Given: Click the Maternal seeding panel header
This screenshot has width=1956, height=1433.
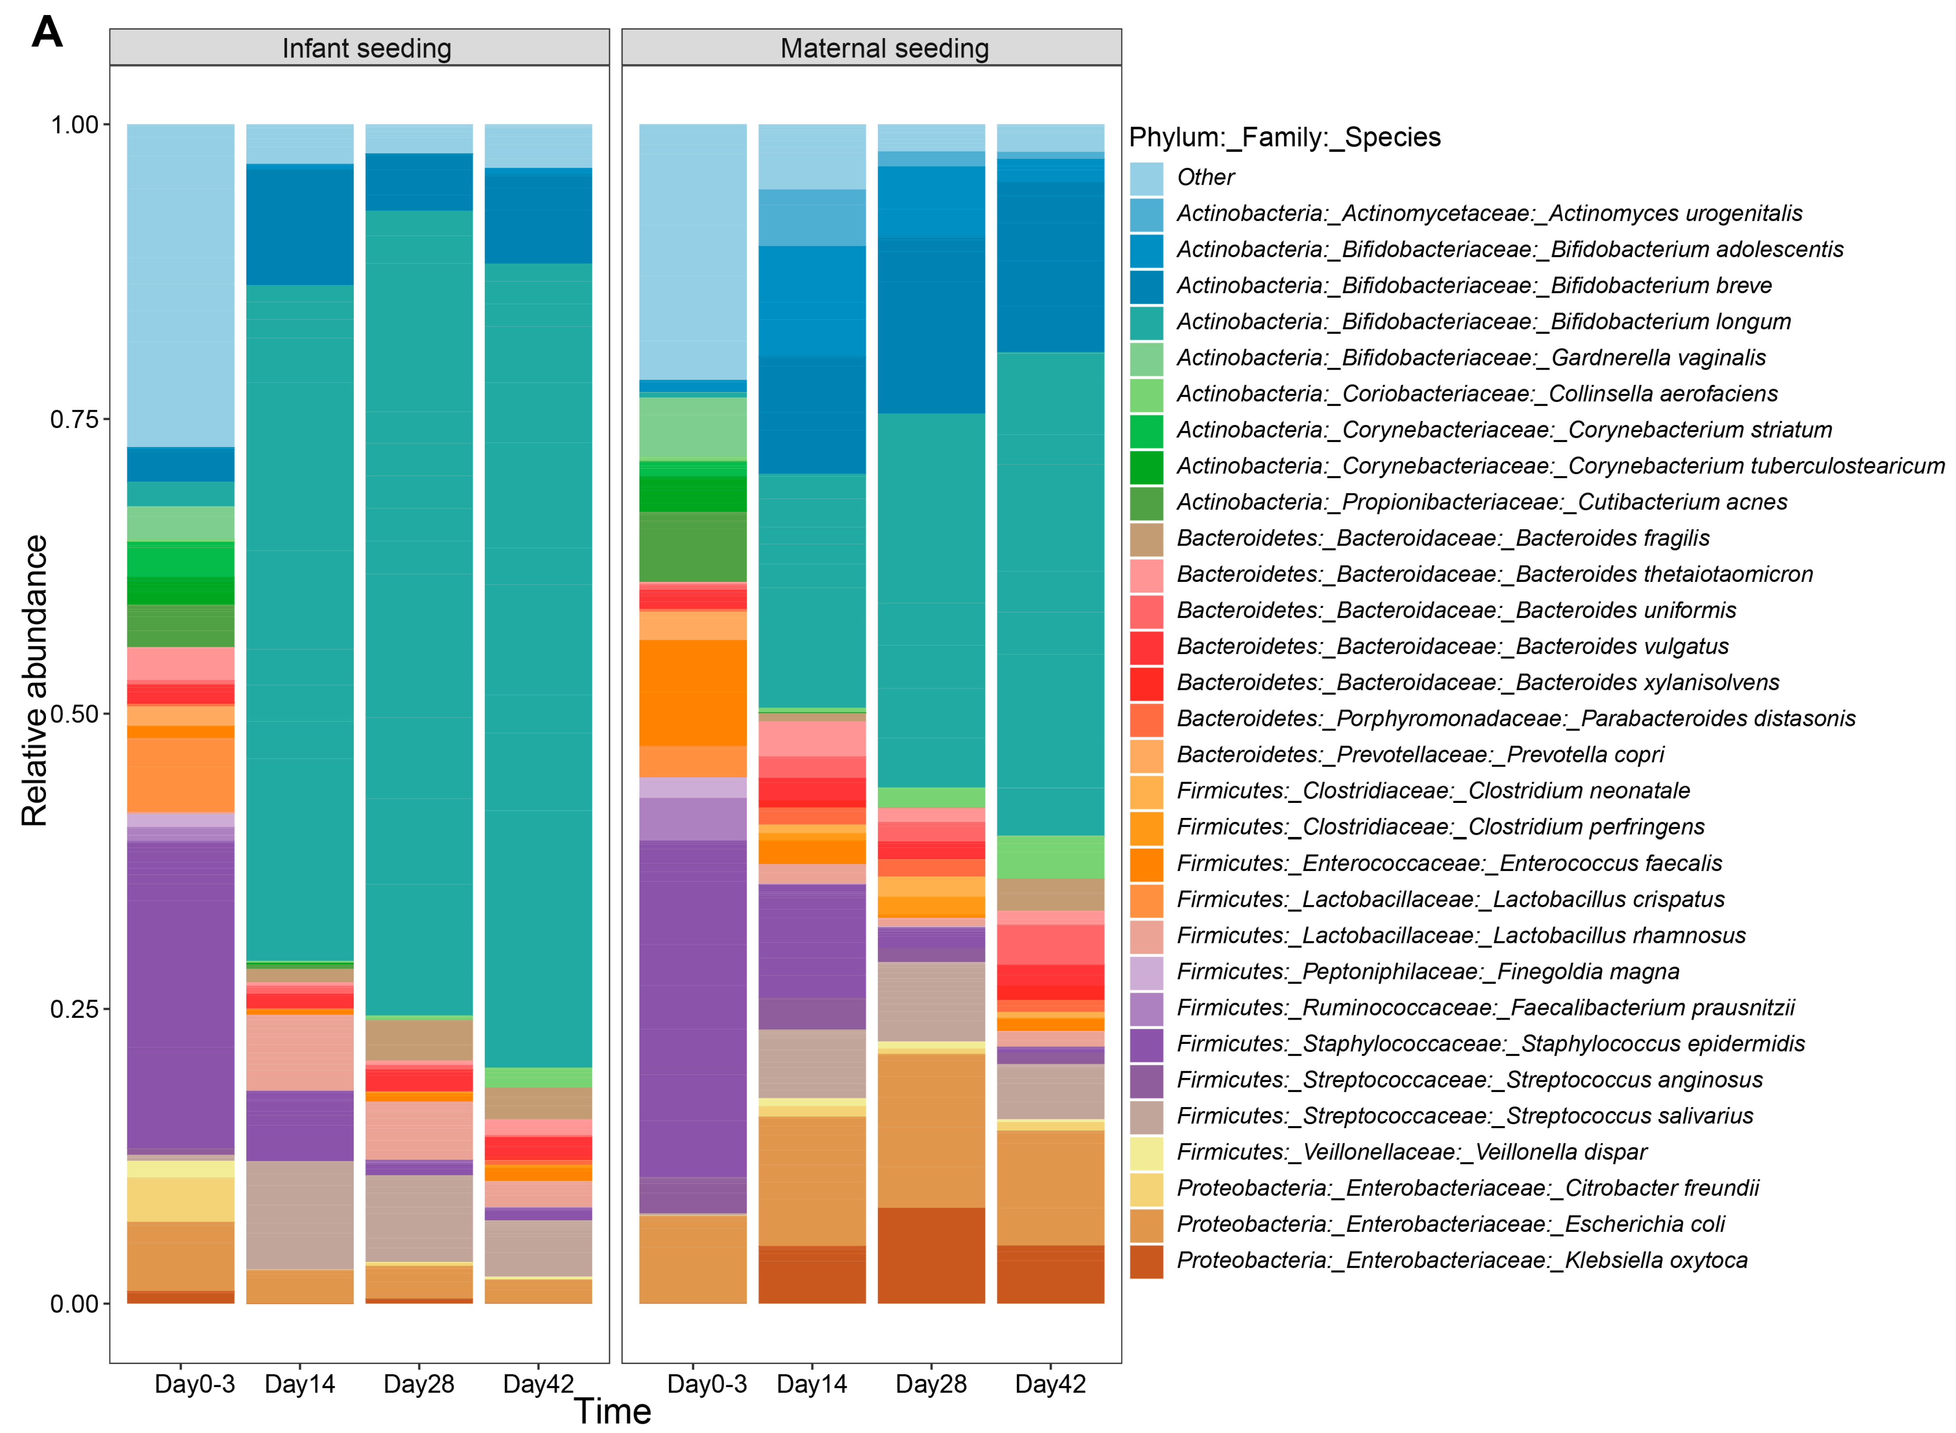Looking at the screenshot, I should (x=884, y=49).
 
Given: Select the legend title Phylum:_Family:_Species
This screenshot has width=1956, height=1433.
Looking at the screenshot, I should (x=1284, y=137).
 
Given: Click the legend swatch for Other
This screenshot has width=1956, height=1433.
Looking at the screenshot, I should (x=1146, y=178).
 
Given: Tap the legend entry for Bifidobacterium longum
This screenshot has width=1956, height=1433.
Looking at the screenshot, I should (x=1483, y=322).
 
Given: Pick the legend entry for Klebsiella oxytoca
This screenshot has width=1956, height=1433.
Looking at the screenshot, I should (x=1462, y=1261).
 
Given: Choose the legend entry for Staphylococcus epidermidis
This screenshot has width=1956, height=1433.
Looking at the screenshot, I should (x=1490, y=1043).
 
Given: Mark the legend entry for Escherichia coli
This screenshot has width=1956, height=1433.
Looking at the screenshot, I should (x=1450, y=1224).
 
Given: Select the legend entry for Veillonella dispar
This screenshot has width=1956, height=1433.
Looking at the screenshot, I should (x=1411, y=1152).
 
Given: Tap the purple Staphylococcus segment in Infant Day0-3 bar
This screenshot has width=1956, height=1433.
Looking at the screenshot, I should (x=180, y=997).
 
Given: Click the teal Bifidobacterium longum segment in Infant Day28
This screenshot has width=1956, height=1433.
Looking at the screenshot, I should (x=419, y=607).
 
